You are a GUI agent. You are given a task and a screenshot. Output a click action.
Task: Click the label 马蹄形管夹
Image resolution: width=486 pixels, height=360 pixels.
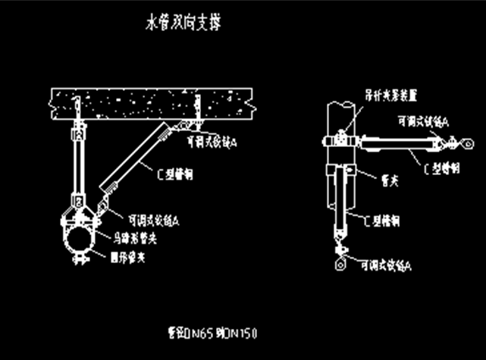pyautogui.click(x=133, y=238)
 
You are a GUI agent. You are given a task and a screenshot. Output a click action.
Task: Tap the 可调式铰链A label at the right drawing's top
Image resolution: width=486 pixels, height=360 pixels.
pyautogui.click(x=422, y=121)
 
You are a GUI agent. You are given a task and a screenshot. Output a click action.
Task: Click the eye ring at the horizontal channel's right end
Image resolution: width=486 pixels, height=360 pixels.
pyautogui.click(x=453, y=141)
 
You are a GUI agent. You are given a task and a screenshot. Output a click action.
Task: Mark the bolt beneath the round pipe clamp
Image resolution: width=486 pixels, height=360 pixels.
pyautogui.click(x=77, y=261)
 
